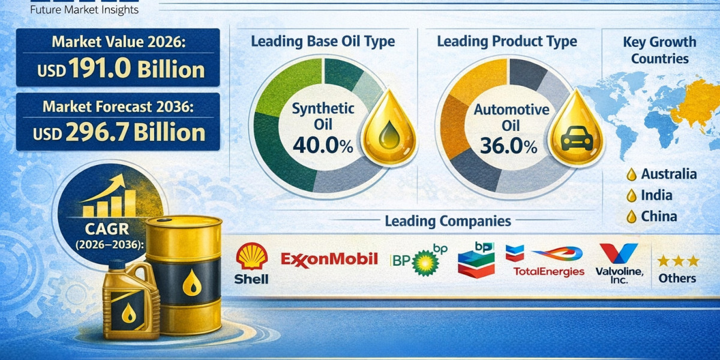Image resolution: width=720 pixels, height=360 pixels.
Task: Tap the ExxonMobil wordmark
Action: tap(329, 259)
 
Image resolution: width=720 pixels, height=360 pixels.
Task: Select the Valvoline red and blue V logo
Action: tap(619, 253)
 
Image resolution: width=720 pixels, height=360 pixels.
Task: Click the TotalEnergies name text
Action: tap(548, 272)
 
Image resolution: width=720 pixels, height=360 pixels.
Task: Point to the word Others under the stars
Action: tap(677, 278)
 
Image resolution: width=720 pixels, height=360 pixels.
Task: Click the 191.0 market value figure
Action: tap(100, 68)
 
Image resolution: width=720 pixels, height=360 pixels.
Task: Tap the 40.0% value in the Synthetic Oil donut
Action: tap(323, 145)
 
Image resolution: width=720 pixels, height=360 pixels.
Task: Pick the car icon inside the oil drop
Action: tap(577, 139)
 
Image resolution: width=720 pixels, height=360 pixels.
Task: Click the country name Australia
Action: tap(669, 174)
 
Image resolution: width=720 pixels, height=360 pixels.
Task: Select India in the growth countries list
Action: tap(656, 195)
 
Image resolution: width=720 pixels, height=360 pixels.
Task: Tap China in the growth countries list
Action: tap(659, 217)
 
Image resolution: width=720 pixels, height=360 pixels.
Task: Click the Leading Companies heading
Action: tap(448, 221)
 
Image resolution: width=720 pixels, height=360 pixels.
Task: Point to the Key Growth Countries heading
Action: tap(659, 50)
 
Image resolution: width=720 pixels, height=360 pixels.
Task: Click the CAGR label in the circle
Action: tap(107, 229)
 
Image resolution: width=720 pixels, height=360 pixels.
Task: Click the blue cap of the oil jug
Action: tap(116, 264)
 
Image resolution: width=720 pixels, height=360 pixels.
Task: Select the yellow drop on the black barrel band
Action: tap(192, 283)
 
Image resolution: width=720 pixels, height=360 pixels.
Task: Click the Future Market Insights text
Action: tap(84, 10)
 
